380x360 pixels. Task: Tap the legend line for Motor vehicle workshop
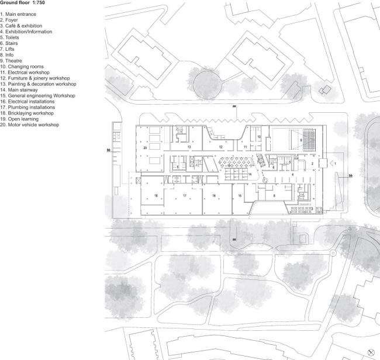(30, 124)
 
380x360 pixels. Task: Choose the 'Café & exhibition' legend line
(21, 26)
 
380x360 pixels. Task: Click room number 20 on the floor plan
(144, 148)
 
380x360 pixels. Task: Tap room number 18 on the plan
(156, 195)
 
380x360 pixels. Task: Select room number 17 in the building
(184, 195)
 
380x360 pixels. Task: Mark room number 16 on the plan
(215, 195)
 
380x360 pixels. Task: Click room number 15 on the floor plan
(239, 195)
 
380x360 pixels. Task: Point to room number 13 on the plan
(189, 148)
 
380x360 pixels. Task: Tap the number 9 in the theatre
(300, 140)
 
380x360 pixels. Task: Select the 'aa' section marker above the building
(234, 109)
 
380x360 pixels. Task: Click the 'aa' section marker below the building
(234, 238)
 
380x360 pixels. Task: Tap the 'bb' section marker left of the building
(109, 150)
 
